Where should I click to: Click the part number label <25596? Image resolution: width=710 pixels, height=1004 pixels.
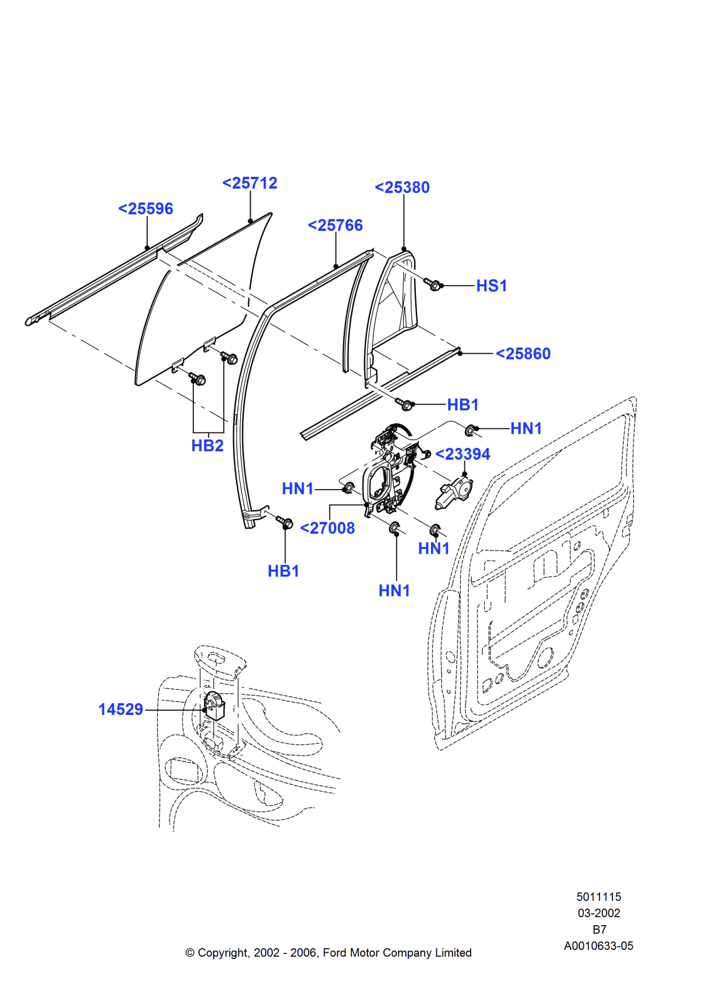click(145, 209)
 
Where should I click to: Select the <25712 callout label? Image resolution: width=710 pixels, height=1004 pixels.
click(250, 184)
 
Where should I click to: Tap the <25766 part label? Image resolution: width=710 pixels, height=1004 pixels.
click(335, 225)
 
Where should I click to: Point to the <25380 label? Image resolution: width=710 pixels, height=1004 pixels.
click(402, 188)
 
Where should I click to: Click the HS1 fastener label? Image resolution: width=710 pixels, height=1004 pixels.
click(491, 286)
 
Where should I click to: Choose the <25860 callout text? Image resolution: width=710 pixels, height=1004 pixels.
click(523, 354)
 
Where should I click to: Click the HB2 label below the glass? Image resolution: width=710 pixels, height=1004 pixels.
click(207, 446)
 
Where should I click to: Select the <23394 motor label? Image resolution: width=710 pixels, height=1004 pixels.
click(463, 454)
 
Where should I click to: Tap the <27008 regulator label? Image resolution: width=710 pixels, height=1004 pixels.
click(327, 528)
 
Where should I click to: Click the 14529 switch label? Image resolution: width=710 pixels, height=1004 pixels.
click(121, 710)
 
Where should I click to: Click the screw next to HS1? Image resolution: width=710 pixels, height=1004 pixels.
click(433, 285)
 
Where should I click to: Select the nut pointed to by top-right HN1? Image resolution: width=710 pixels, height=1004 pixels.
click(471, 430)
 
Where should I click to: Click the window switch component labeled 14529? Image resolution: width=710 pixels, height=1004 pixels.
click(214, 707)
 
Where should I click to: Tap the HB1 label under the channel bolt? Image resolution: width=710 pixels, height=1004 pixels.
click(283, 571)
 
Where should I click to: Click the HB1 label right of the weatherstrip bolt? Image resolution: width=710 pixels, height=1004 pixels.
click(463, 405)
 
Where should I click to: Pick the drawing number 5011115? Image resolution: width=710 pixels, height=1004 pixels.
click(598, 897)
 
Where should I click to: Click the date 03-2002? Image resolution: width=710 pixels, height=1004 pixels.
click(598, 913)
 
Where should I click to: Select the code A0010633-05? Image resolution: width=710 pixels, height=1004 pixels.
click(598, 946)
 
